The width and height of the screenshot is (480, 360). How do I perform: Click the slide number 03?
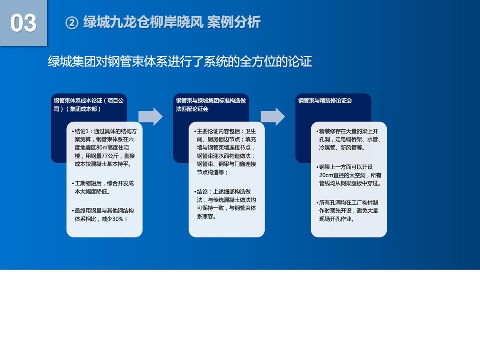click(23, 23)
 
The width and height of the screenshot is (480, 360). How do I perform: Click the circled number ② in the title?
click(72, 23)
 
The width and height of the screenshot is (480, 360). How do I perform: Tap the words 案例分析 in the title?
click(234, 22)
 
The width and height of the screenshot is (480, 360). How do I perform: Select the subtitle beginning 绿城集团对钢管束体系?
click(180, 61)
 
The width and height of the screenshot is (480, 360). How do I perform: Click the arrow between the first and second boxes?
click(150, 116)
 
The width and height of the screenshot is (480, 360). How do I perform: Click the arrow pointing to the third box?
click(273, 116)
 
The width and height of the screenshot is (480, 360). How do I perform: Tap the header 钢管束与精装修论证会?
click(325, 100)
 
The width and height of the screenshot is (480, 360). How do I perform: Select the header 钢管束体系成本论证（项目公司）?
click(89, 104)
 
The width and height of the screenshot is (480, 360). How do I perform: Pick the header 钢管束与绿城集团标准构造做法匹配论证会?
click(211, 104)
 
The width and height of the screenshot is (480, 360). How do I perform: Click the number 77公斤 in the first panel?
click(109, 156)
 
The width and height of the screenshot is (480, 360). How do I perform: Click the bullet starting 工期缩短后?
click(103, 187)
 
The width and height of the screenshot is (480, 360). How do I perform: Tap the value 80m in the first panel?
click(101, 148)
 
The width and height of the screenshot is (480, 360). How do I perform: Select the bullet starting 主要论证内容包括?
click(225, 152)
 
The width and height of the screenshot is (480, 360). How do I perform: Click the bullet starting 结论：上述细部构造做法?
click(225, 204)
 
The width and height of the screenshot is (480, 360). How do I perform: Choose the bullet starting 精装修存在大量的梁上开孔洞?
click(348, 139)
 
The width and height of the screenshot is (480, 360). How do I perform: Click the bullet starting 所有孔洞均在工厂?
click(347, 211)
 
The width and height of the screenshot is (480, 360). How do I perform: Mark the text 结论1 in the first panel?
click(81, 131)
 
